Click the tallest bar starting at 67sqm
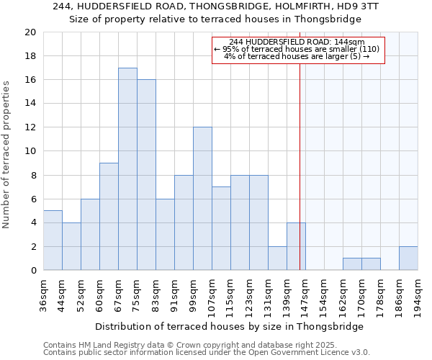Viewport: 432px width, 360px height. tap(127, 169)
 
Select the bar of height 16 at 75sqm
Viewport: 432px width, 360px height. tap(146, 175)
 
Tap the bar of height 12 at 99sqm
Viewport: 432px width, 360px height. tap(202, 199)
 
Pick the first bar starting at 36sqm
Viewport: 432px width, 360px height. tap(53, 240)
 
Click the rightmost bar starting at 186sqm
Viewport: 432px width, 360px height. tap(408, 258)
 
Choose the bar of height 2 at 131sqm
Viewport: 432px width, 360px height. tap(277, 258)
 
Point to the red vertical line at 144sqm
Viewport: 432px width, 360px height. tap(300, 166)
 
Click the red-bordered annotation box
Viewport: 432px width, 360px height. tap(298, 50)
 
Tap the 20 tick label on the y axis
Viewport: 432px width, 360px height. tap(30, 32)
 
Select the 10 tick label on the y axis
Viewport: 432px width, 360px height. tap(30, 151)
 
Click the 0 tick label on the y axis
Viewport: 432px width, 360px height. tap(33, 271)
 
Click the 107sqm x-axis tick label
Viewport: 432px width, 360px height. tap(212, 295)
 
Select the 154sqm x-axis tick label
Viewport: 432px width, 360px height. tap(324, 295)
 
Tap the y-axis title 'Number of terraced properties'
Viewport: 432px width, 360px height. tap(6, 154)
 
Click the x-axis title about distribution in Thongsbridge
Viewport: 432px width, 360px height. tap(229, 326)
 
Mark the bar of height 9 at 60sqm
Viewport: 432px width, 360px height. tap(109, 217)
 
